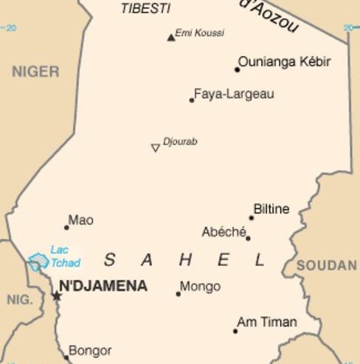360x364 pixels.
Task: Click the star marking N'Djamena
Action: click(57, 296)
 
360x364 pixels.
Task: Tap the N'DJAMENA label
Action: click(103, 286)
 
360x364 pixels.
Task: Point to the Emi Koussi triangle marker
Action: click(171, 37)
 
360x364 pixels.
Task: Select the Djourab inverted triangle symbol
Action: click(155, 148)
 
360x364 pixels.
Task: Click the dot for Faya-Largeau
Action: click(192, 100)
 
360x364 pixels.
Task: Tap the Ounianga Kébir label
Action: click(284, 61)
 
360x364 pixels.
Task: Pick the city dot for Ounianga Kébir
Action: click(238, 69)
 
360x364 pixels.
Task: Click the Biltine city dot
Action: click(251, 218)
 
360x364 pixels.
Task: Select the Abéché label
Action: click(224, 232)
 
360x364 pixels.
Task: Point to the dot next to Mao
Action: click(66, 227)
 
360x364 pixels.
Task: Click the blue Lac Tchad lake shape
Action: click(38, 261)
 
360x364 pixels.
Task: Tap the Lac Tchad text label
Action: click(65, 256)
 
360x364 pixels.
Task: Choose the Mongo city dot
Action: click(178, 294)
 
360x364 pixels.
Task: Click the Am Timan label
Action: click(266, 322)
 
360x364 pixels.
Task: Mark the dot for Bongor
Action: click(66, 357)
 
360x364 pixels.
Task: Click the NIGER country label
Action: click(35, 72)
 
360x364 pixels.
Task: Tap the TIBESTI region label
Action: click(145, 9)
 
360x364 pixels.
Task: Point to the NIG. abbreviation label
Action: click(20, 300)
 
